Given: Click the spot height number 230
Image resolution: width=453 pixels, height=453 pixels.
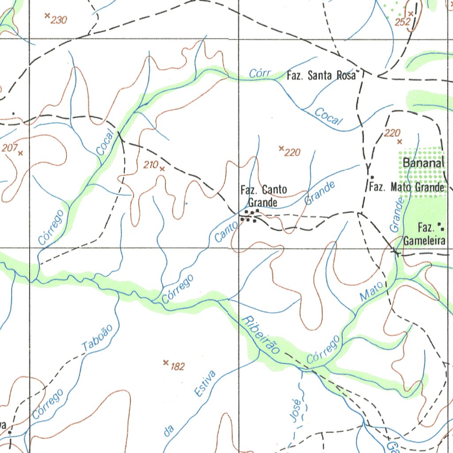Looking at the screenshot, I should pyautogui.click(x=59, y=20).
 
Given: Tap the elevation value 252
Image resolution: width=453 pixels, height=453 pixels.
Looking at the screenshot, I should pyautogui.click(x=403, y=22).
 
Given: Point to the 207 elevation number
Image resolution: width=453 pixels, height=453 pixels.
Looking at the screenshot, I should pyautogui.click(x=9, y=148).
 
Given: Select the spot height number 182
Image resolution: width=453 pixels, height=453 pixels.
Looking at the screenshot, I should pyautogui.click(x=177, y=366).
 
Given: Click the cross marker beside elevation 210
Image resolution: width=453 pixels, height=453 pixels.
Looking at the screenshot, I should pyautogui.click(x=162, y=169).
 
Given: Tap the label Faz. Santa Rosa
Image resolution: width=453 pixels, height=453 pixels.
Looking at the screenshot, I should pyautogui.click(x=321, y=76).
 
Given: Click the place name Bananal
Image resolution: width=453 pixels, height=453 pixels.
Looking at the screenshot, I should pyautogui.click(x=423, y=163).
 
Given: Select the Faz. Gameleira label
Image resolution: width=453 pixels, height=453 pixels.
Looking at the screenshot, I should pyautogui.click(x=425, y=235).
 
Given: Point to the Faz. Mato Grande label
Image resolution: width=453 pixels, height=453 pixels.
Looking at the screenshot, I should pyautogui.click(x=407, y=188).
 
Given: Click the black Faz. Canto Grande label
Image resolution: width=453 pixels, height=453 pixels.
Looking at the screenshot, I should pyautogui.click(x=263, y=196).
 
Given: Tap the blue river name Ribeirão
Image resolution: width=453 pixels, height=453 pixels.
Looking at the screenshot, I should pyautogui.click(x=261, y=335).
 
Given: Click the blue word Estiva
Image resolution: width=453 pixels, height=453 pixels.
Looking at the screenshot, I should pyautogui.click(x=205, y=383).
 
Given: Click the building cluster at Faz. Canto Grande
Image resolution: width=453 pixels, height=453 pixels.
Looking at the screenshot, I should pyautogui.click(x=251, y=215).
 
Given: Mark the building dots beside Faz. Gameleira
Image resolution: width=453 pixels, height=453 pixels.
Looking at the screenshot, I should pyautogui.click(x=441, y=227).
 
